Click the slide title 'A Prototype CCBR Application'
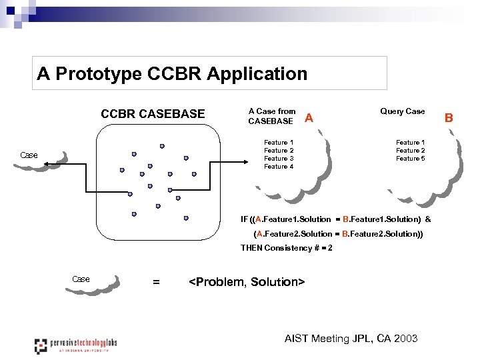172,73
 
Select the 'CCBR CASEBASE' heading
153,114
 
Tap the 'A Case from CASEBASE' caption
271,116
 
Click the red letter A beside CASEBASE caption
308,119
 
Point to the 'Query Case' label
402,111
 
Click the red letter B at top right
449,118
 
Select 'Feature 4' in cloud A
279,167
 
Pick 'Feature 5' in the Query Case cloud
410,159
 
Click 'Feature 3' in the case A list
279,159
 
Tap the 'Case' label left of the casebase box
29,155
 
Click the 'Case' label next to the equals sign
81,279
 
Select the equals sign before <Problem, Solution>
156,282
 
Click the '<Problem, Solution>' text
247,282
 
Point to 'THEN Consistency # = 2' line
286,248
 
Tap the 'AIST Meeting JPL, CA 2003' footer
351,339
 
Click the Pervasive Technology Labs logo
75,345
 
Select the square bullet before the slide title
11,11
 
